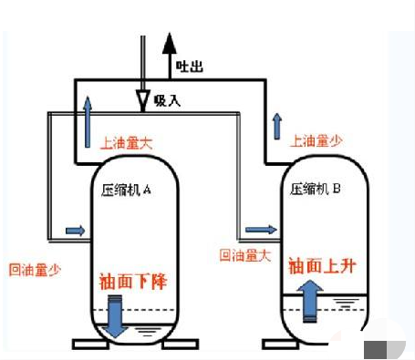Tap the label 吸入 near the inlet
pyautogui.click(x=168, y=99)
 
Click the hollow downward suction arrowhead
pyautogui.click(x=141, y=98)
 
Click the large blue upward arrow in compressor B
pyautogui.click(x=311, y=301)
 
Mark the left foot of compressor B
pyautogui.click(x=277, y=345)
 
